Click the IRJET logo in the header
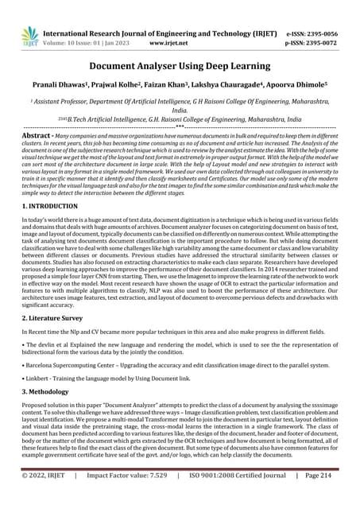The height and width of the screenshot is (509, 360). (x=30, y=34)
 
